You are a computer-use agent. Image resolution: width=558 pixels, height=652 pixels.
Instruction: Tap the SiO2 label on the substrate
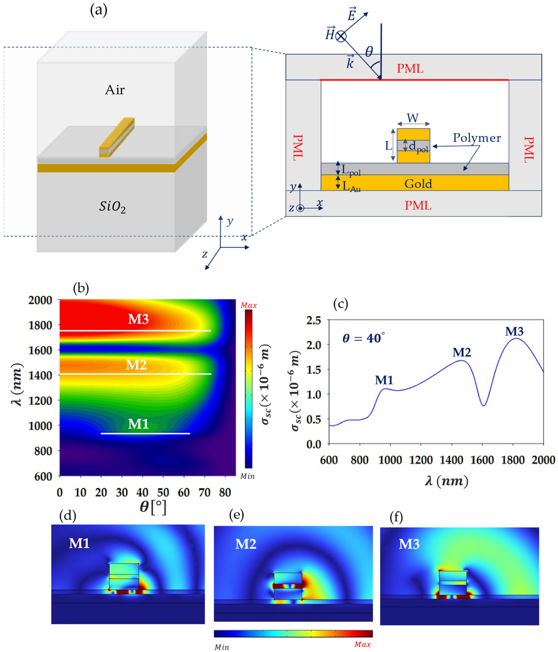[x=112, y=207]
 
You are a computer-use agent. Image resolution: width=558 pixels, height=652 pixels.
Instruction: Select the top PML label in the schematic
[x=410, y=69]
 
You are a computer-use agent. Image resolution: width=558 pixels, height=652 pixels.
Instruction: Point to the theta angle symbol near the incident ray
[x=369, y=51]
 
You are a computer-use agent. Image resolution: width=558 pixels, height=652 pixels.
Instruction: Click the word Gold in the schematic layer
[x=418, y=184]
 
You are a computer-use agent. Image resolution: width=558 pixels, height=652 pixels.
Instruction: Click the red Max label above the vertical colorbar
[x=249, y=305]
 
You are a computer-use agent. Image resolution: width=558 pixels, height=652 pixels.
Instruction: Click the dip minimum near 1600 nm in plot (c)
[x=484, y=405]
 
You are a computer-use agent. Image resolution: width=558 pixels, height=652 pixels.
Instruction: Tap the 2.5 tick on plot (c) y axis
[x=314, y=321]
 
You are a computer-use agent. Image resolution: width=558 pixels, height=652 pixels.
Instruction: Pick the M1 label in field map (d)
[x=79, y=543]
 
